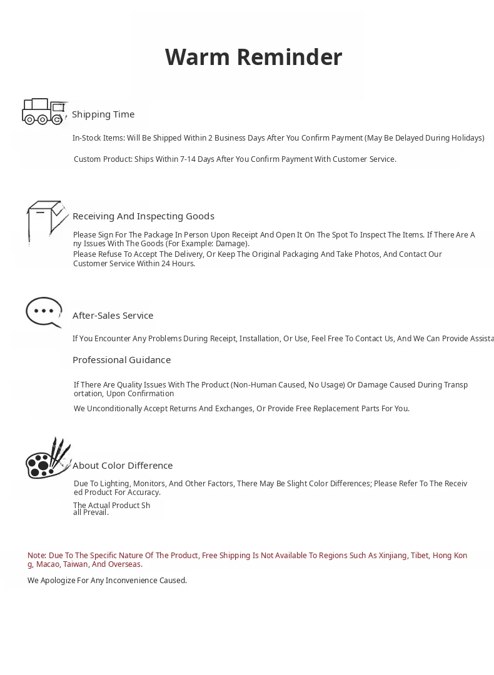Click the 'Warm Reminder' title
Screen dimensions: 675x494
tap(253, 57)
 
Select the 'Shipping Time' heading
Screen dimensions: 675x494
tap(103, 114)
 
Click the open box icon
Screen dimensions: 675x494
tap(46, 221)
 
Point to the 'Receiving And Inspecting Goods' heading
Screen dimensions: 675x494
tap(143, 216)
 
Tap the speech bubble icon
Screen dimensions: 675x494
tap(44, 311)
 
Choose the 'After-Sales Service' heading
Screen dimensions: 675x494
tap(113, 316)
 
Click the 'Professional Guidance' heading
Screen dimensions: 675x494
tap(121, 360)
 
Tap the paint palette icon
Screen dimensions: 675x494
tap(48, 459)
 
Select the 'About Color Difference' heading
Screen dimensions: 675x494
tap(123, 466)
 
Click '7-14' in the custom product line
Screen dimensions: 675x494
tap(188, 159)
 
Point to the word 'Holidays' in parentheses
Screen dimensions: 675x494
tap(465, 138)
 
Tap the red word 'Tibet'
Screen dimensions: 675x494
tap(420, 556)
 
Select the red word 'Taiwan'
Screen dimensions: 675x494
tap(75, 564)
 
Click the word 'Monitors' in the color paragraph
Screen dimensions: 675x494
tap(149, 484)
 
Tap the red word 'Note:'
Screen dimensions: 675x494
tap(37, 556)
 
